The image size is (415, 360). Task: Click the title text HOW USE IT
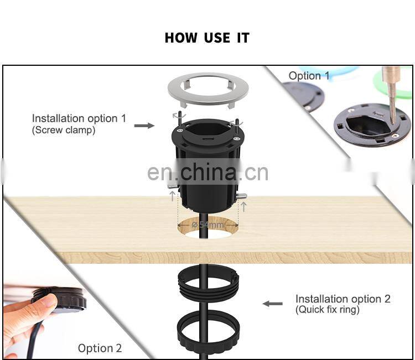pos(207,38)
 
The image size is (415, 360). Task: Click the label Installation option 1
pos(79,118)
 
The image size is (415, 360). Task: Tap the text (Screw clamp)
pos(64,131)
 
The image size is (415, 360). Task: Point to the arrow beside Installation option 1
pos(144,126)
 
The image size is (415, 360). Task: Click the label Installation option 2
pos(343,299)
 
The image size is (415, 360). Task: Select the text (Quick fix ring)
pos(327,310)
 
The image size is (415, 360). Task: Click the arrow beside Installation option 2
pos(272,303)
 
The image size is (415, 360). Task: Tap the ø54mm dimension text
pos(208,225)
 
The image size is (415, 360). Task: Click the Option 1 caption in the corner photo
pos(309,76)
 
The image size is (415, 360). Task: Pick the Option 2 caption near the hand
pos(100,348)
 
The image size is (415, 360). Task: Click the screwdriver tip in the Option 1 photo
pos(392,119)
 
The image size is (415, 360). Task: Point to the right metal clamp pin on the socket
pos(241,196)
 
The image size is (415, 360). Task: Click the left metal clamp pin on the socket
pos(173,187)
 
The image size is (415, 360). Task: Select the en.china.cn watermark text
pos(207,172)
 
